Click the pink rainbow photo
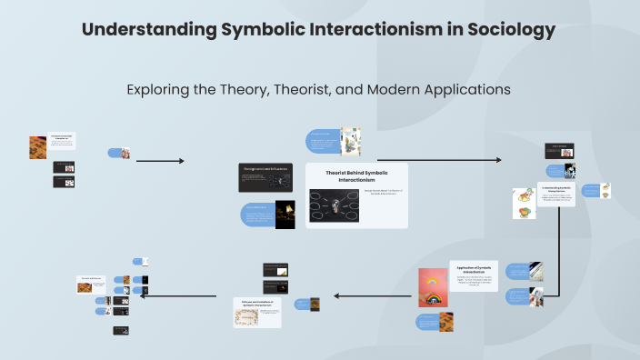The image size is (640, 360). (x=433, y=287)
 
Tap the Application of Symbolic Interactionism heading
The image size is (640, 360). (x=474, y=271)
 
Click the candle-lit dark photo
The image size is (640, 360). (x=285, y=215)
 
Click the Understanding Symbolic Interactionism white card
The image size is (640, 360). (x=555, y=194)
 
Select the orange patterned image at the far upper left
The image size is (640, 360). (x=37, y=147)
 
